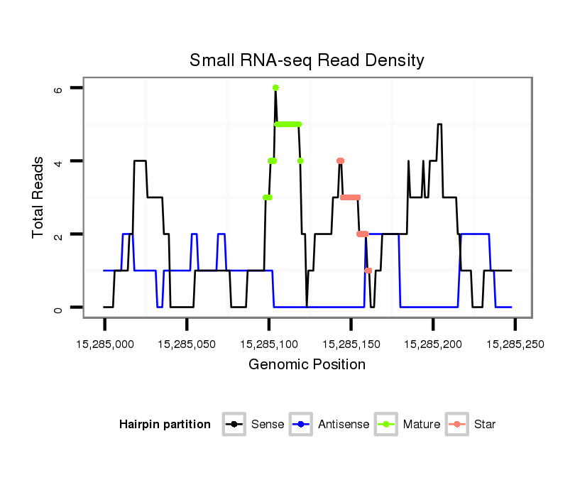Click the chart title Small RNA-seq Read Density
307,60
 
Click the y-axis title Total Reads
38,197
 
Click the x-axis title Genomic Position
307,365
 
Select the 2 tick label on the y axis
58,234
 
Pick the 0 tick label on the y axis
58,307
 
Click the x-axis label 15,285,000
104,344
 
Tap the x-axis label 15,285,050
187,344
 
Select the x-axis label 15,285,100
268,344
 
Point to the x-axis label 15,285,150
351,344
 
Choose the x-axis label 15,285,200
432,344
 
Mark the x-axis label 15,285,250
515,344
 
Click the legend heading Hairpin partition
165,425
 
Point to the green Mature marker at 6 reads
275,87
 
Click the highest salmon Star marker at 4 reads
340,160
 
